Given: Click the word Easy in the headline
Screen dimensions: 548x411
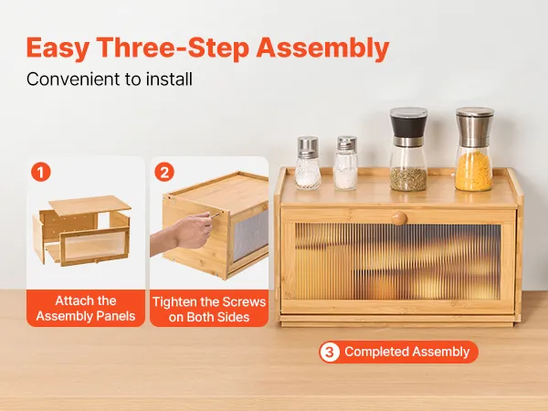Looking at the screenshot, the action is coord(58,47).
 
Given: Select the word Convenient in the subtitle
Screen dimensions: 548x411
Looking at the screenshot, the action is coord(74,79).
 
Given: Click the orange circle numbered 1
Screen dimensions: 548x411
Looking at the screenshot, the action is coord(41,173).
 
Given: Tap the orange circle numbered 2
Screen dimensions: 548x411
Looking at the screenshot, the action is coord(164,173).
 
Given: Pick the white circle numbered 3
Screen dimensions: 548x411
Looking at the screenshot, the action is coord(330,352).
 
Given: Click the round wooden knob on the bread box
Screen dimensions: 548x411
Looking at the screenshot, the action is coord(399,217).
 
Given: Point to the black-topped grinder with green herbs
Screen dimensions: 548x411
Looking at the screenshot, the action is coord(408,149).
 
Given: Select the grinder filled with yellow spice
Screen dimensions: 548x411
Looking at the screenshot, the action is coord(474,149).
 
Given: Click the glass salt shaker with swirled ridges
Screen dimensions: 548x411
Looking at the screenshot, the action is coord(308,163).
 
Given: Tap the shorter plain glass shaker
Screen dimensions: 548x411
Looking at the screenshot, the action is coord(345,163).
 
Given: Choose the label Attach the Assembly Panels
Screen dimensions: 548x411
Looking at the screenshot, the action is coord(86,309).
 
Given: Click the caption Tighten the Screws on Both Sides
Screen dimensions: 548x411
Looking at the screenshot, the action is coord(209,310).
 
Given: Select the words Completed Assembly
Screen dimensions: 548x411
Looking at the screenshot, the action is coord(406,352).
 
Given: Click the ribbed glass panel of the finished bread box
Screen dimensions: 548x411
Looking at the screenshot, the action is coord(397,262).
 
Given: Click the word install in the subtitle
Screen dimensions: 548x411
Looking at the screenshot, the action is coord(169,79).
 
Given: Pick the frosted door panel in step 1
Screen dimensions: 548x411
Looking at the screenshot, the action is coord(95,246).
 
